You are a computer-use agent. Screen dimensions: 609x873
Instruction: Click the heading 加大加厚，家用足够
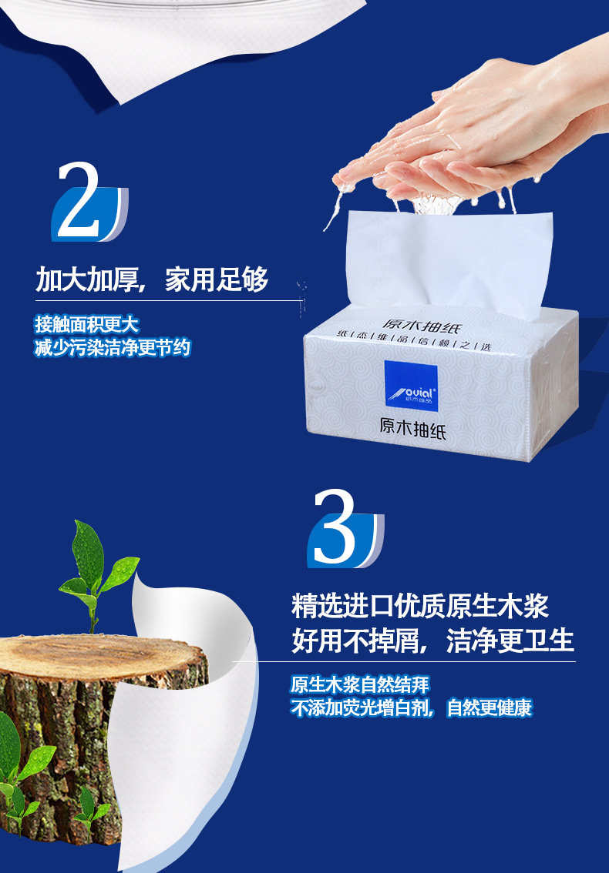[x=153, y=279]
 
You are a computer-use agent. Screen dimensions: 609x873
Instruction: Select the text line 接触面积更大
[x=86, y=324]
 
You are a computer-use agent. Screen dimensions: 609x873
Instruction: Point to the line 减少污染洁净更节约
[x=112, y=347]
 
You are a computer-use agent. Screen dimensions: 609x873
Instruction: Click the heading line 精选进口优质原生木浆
[x=420, y=607]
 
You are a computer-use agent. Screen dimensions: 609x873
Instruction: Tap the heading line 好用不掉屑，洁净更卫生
[x=432, y=641]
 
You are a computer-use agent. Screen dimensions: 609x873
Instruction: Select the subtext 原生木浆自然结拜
[x=360, y=684]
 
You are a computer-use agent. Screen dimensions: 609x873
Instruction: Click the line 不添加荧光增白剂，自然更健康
[x=412, y=707]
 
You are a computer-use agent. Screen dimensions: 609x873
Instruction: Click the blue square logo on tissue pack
[x=411, y=386]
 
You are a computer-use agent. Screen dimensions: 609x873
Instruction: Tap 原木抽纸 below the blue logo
[x=412, y=428]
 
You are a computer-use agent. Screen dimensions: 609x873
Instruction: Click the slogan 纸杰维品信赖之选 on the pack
[x=413, y=341]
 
